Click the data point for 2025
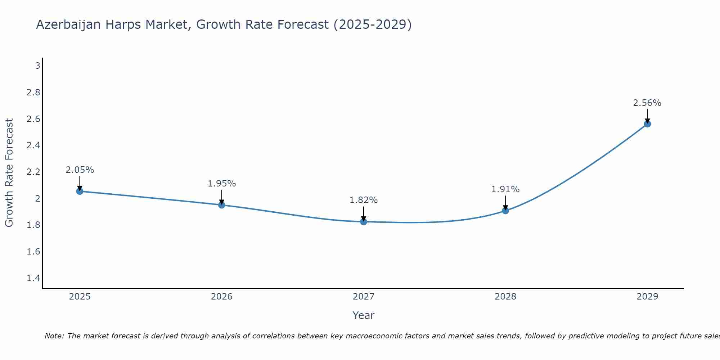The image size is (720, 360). pos(80,191)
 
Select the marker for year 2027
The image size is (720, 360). pos(364,222)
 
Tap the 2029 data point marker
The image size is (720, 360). pos(647,124)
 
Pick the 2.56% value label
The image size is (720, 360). pos(647,103)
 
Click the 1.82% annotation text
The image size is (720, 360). pos(364,200)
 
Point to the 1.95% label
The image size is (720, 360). pos(222,184)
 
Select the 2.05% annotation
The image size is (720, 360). pos(80,170)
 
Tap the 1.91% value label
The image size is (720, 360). pos(505,189)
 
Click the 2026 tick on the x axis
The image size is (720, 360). pos(222,297)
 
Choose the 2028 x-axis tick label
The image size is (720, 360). pos(505,297)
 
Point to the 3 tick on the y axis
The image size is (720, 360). pos(37,66)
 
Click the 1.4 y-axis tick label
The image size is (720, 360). pos(33,278)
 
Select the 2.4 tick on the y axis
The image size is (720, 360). pos(33,145)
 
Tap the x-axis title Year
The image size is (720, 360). pos(364,315)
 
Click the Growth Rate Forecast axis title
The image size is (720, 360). pos(9,173)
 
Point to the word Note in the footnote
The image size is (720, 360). pos(54,336)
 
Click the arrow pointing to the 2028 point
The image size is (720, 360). pos(505,203)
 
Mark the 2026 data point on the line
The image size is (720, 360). pos(222,205)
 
